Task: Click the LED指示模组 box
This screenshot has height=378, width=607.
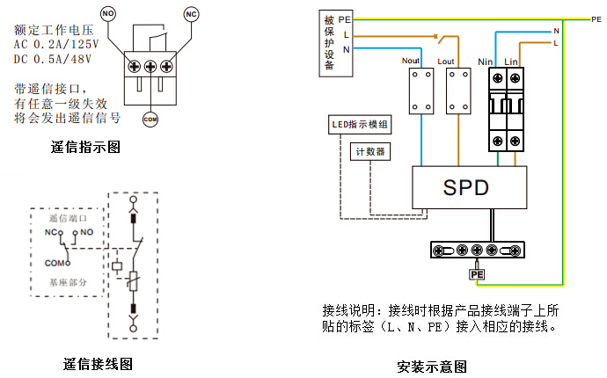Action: click(x=360, y=125)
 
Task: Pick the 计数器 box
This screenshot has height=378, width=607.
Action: click(x=369, y=151)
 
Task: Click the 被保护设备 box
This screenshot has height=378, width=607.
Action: click(x=329, y=41)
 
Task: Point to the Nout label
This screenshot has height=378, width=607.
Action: click(x=411, y=61)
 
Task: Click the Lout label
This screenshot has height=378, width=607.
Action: click(x=447, y=61)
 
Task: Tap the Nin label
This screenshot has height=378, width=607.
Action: click(x=484, y=61)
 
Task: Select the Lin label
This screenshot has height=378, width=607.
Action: click(x=511, y=61)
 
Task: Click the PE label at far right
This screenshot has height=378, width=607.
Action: click(x=596, y=18)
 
